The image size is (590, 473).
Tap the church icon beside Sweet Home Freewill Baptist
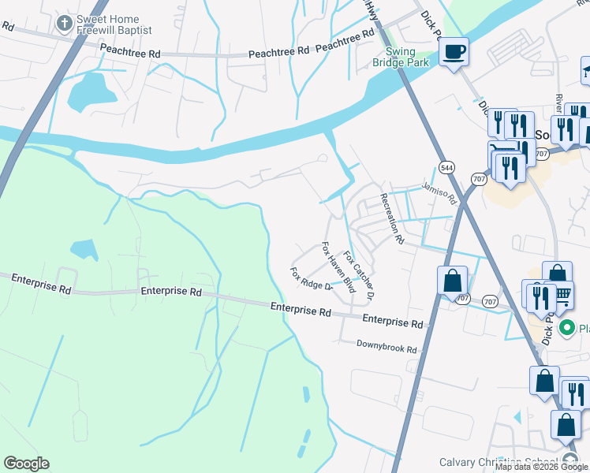[x=64, y=24]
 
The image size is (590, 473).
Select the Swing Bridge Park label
[x=401, y=56]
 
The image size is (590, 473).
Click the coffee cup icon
[x=454, y=52]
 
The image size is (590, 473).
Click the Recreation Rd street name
[x=392, y=218]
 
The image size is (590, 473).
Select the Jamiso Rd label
[x=439, y=190]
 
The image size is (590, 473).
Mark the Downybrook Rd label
[x=386, y=348]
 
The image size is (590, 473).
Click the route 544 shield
[x=446, y=167]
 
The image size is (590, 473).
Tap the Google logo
[x=26, y=464]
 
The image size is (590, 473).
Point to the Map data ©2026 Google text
[x=541, y=467]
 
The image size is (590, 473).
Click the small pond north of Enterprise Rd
[x=84, y=250]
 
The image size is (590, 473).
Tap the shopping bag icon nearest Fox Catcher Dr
[x=453, y=281]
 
